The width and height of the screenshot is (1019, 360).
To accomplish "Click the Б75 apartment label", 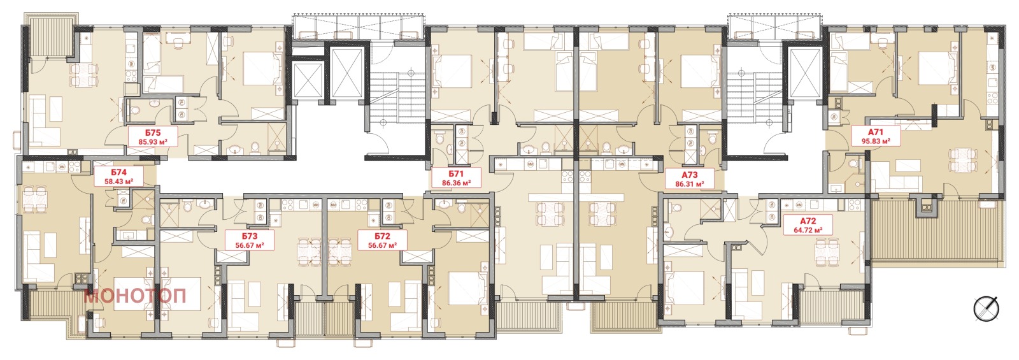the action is point(153,133).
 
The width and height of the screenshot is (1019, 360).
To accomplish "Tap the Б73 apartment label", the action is point(250,236).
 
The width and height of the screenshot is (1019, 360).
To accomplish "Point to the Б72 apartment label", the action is point(383,236).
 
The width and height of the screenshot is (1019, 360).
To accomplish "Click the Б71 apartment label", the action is point(456,174).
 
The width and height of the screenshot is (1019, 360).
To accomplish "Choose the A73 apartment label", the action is point(690,175).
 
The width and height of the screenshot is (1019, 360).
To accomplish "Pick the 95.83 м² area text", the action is point(876,141).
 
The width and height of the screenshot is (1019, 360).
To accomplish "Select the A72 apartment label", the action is point(808,221).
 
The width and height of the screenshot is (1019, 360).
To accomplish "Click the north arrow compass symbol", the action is point(986,309).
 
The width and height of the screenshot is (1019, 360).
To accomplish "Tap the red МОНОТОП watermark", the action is point(135,296).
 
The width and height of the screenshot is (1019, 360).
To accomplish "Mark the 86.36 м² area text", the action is point(456,182).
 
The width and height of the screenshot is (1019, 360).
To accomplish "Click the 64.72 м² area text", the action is point(808,230).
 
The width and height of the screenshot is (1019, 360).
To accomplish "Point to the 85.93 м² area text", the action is point(153,141).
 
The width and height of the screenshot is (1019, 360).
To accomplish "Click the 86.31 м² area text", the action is point(690,184).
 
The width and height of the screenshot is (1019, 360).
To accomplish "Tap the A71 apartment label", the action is point(876,132).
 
